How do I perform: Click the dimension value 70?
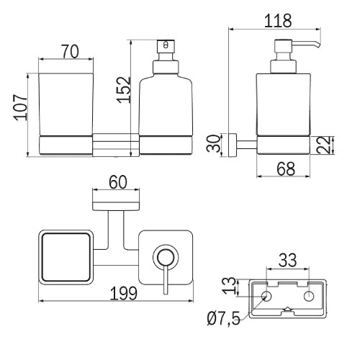70,52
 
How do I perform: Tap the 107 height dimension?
20,107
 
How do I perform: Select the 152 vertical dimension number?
124,90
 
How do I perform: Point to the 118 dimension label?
278,21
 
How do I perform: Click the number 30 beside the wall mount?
213,143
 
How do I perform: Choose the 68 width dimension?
286,169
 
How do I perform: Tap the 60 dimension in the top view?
118,182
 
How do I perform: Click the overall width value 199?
123,293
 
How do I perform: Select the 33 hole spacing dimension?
288,260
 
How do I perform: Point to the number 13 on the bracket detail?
229,286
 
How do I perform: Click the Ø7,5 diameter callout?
223,318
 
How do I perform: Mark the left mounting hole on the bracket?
266,297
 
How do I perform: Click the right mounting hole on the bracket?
309,297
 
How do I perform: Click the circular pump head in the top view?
166,257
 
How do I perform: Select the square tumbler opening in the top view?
66,257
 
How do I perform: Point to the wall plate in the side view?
233,145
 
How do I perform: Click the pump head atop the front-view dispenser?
166,46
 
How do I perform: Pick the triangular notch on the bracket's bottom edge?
287,309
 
